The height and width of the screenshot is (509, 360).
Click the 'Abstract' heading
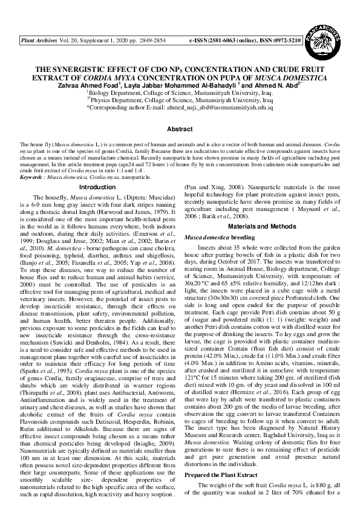coord(180,129)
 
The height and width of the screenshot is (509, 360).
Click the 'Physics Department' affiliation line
coord(180,100)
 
